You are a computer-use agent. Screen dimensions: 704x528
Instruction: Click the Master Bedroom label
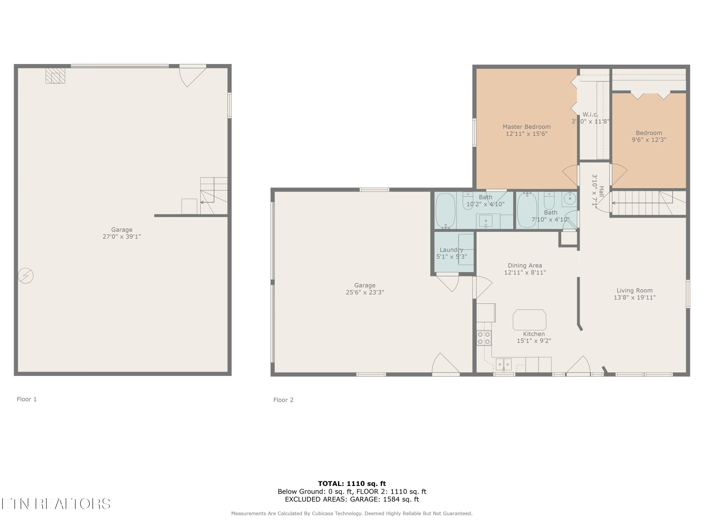pos(526,127)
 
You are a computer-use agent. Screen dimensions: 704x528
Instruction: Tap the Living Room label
pos(634,291)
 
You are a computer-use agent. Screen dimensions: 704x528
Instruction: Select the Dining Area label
pos(525,265)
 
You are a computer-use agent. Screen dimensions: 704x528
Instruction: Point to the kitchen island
pos(529,320)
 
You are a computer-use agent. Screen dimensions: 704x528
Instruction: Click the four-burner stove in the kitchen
pos(484,338)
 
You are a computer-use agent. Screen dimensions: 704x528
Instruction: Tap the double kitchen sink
pos(504,364)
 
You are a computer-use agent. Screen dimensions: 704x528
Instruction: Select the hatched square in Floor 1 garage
pos(55,76)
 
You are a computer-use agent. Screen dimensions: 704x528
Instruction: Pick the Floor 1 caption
pos(27,399)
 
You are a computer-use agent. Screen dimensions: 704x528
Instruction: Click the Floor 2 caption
pos(283,400)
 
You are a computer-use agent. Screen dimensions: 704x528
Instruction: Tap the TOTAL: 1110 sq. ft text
pos(352,484)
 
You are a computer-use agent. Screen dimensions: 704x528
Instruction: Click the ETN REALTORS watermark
pos(56,504)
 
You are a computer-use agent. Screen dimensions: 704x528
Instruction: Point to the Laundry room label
pos(451,250)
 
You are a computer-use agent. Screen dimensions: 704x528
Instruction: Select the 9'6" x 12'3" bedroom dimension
pos(649,140)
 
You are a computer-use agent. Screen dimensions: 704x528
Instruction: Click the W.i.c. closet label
pos(590,115)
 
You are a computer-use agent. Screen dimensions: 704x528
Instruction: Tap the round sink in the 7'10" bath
pos(570,199)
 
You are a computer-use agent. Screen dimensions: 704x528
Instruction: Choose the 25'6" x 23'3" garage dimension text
pos(365,292)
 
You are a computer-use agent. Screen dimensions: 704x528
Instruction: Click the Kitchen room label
pos(534,334)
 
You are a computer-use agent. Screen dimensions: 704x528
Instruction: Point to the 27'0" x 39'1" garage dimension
pos(122,237)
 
